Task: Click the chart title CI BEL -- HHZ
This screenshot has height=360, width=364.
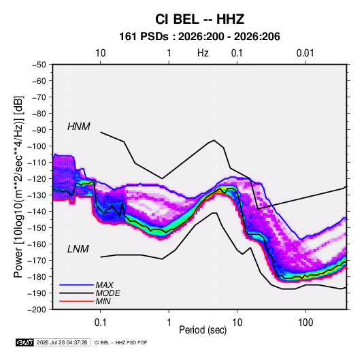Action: [x=199, y=19]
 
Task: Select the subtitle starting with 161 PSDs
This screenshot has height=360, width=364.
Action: [x=199, y=37]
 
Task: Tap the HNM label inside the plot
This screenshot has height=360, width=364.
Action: [x=79, y=127]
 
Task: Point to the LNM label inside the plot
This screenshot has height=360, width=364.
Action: [x=78, y=249]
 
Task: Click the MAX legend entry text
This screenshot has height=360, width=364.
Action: [x=105, y=284]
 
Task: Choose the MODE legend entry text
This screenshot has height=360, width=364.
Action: [x=107, y=293]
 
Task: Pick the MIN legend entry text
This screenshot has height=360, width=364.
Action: [x=103, y=301]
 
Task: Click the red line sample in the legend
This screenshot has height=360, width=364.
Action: [x=76, y=301]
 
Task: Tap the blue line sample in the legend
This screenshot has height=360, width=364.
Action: [x=76, y=284]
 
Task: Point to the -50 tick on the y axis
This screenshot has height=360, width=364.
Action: [x=39, y=65]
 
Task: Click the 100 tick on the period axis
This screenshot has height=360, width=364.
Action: [x=305, y=323]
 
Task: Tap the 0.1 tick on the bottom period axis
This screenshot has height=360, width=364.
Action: [x=100, y=323]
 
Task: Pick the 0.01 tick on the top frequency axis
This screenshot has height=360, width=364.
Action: [x=305, y=53]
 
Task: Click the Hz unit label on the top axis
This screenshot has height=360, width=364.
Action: [x=203, y=53]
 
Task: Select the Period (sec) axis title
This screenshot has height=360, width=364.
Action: [x=203, y=330]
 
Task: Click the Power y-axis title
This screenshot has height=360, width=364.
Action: [x=18, y=187]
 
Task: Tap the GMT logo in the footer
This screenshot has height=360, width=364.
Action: [x=24, y=342]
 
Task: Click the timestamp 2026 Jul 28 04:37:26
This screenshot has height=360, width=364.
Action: [x=62, y=342]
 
